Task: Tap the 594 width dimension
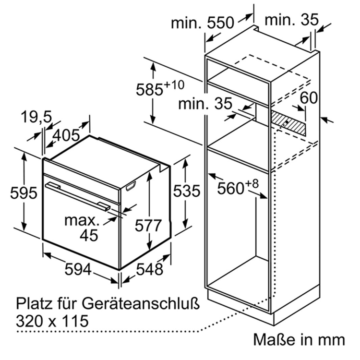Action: coord(78,270)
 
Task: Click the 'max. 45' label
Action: coord(82,228)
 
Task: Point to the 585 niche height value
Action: coord(150,90)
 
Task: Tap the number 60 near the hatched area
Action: coord(309,97)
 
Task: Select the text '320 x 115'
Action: coord(53,319)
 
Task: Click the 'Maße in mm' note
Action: coord(299,340)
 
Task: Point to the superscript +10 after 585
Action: coord(174,85)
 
